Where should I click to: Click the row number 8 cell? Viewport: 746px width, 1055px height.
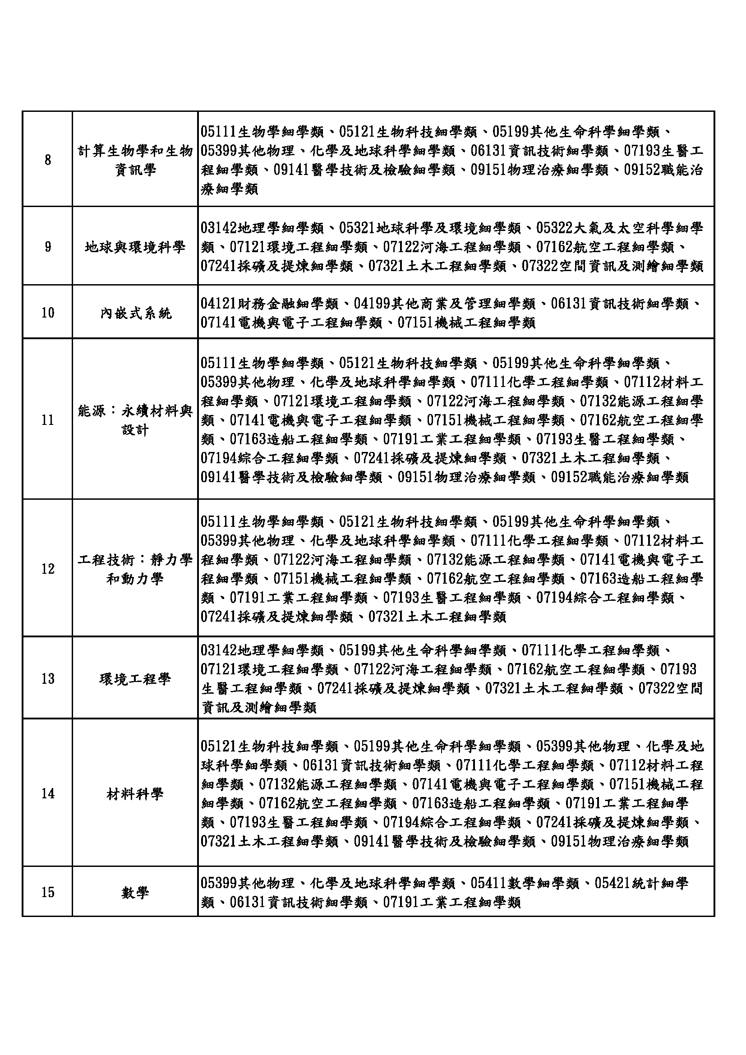point(48,161)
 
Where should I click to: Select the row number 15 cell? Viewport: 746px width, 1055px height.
point(48,892)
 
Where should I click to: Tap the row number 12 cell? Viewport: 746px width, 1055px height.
point(48,569)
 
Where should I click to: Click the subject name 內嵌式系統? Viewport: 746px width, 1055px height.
point(135,313)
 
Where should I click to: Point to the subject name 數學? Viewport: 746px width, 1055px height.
point(135,892)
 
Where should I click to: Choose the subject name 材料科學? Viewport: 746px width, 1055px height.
point(135,793)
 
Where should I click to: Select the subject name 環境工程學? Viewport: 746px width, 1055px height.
point(135,678)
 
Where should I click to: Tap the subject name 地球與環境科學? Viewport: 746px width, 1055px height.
point(135,247)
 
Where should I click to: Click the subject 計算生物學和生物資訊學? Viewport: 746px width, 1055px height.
point(135,161)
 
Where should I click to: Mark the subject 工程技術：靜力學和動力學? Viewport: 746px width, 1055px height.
point(135,569)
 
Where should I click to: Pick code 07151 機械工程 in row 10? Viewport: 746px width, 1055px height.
point(467,323)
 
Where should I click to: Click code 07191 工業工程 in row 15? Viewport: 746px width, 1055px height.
point(452,902)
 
